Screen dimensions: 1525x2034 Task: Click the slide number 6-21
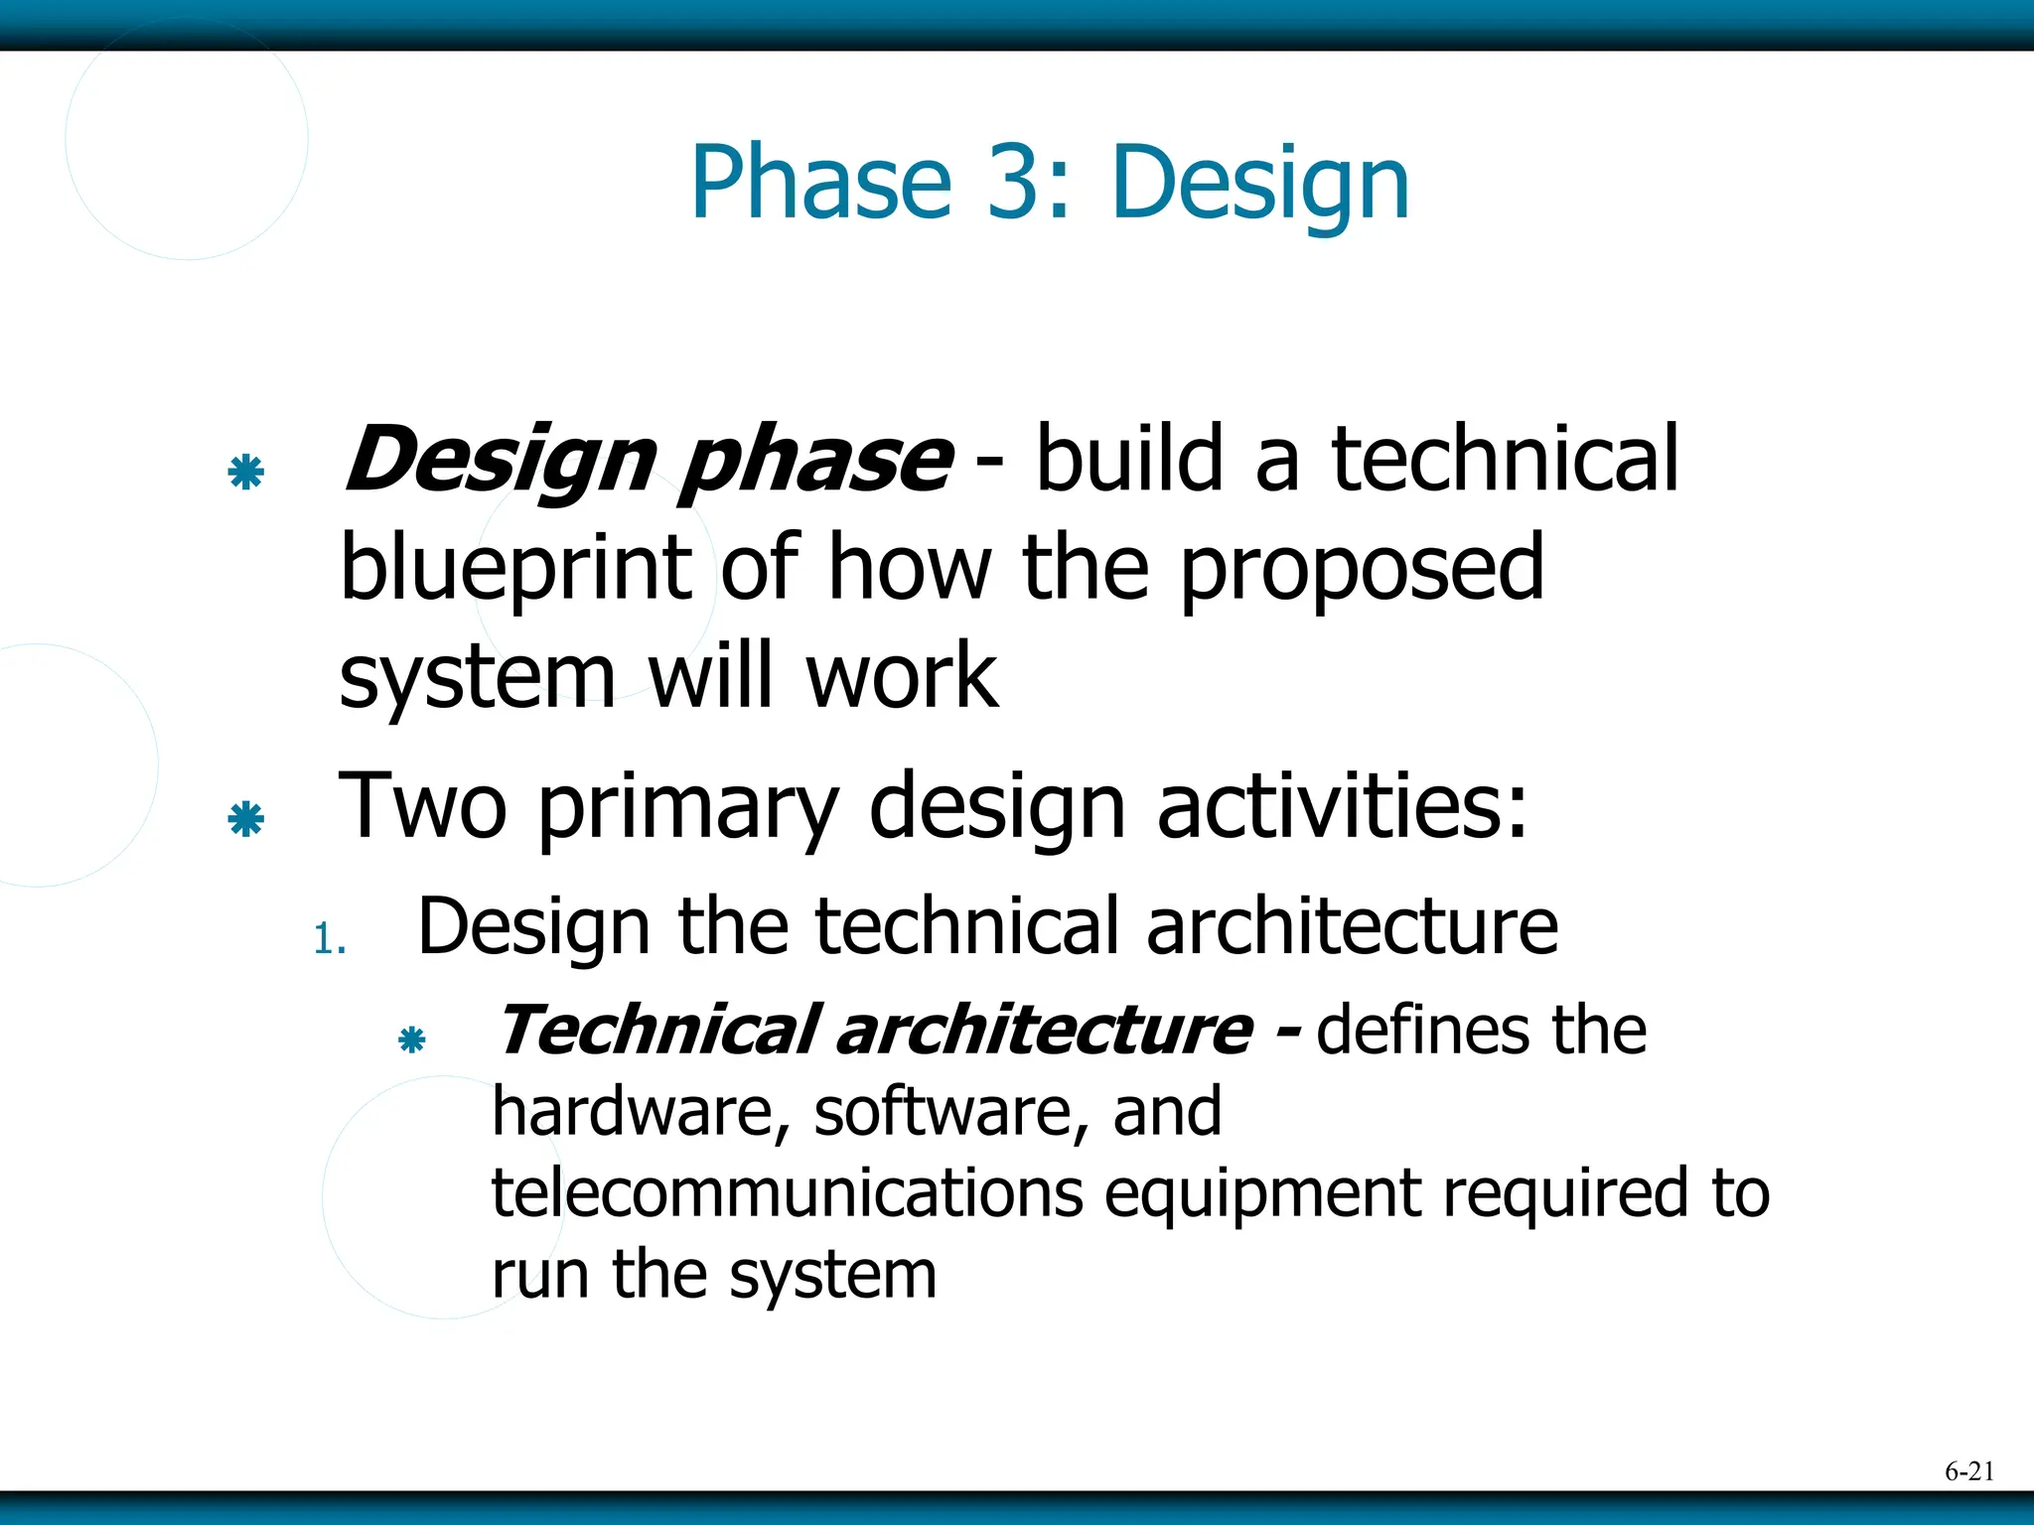pos(1968,1471)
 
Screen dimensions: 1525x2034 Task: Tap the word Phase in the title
pos(820,183)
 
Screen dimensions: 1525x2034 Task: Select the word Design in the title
pos(1259,185)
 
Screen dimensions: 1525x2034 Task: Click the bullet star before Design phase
pos(245,472)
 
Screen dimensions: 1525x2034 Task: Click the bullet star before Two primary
pos(245,819)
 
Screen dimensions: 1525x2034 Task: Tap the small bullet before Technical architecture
pos(411,1040)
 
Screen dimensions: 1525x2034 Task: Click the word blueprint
pos(514,569)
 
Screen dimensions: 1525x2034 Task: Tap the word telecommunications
pos(787,1192)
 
